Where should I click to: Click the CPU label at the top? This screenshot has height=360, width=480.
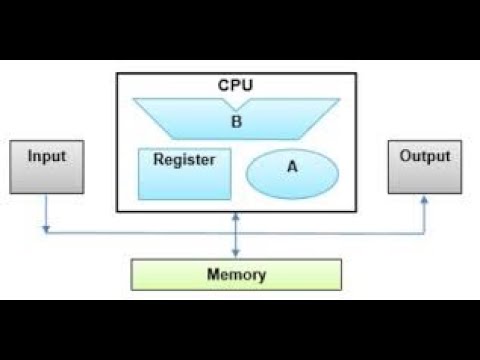[235, 85]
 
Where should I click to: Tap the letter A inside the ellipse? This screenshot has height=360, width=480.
[292, 168]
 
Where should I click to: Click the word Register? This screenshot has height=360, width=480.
[184, 159]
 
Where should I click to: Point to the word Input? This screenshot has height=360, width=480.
[47, 157]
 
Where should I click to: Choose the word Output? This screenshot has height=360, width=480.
[425, 157]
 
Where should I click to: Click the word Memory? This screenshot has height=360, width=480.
[236, 274]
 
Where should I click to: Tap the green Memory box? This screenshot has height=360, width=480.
[236, 274]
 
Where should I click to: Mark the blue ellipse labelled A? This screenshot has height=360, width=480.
[292, 173]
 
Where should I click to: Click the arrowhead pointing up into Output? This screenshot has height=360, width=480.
[424, 199]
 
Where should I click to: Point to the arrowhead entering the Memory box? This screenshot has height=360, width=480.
[236, 255]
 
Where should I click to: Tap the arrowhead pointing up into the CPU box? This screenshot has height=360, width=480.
[236, 217]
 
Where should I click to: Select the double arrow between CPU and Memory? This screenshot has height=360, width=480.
[236, 236]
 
